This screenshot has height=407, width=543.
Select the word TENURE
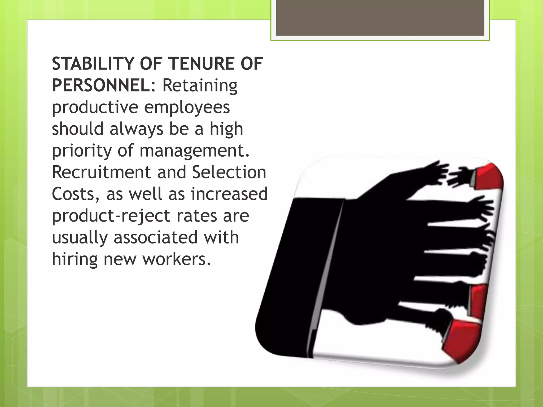tap(202, 64)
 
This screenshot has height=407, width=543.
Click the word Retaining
tap(200, 86)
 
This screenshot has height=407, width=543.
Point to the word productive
tap(95, 108)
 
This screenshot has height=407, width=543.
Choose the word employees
tap(187, 108)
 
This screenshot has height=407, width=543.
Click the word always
tap(137, 129)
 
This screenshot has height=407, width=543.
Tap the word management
tap(194, 151)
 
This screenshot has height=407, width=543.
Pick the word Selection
tap(229, 172)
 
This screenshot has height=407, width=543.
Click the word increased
tap(229, 194)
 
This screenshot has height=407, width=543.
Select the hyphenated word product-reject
tap(111, 216)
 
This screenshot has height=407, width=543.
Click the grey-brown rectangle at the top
tap(380, 17)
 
